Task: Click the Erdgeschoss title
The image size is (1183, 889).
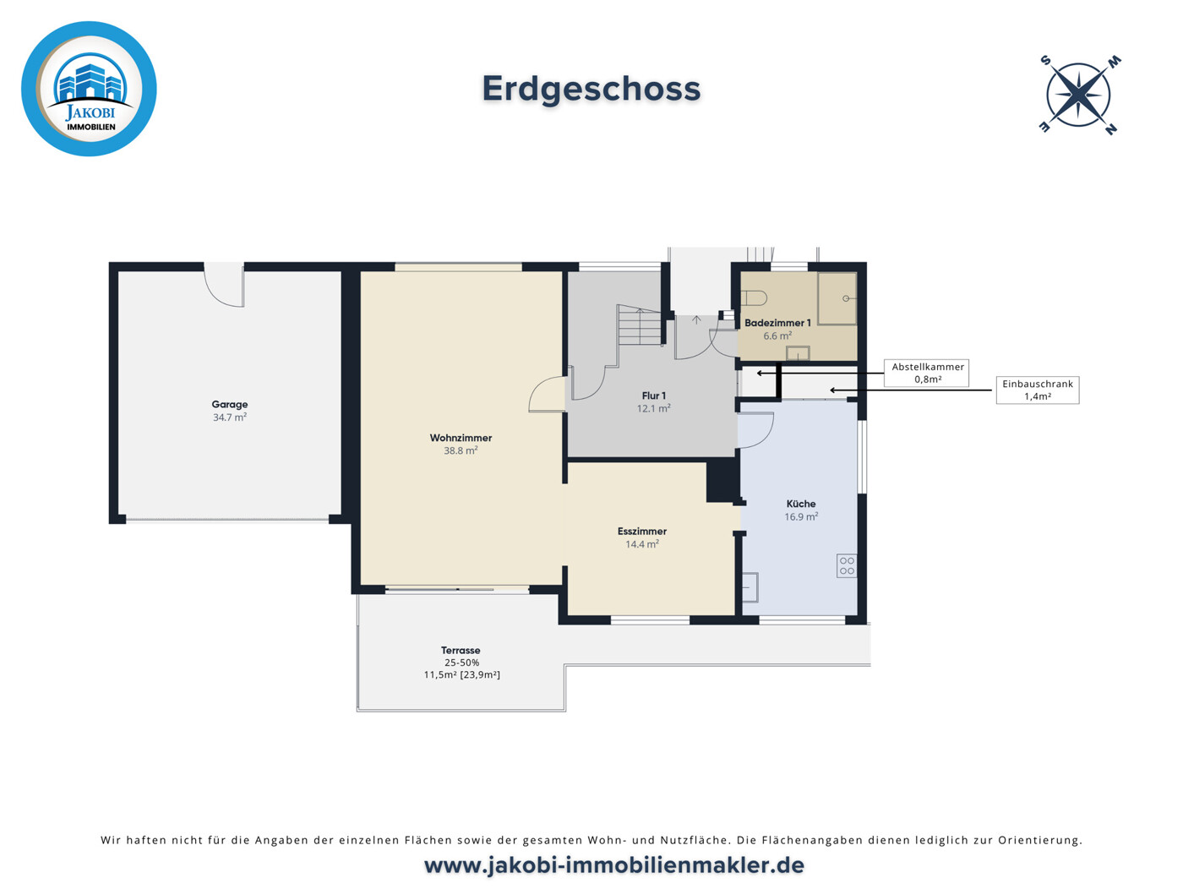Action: click(x=591, y=89)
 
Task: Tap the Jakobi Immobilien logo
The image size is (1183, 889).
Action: click(x=89, y=89)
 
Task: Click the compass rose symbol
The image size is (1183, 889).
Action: click(x=1078, y=95)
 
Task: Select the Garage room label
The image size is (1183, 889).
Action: click(x=230, y=405)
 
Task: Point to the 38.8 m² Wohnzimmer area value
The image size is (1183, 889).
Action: click(x=461, y=451)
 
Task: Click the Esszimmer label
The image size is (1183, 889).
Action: click(x=642, y=532)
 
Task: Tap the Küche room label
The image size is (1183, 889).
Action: click(x=800, y=504)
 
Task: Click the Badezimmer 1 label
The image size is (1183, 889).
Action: click(x=777, y=323)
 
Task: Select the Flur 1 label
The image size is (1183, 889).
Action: click(x=653, y=395)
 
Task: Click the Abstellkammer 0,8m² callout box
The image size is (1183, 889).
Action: click(x=927, y=373)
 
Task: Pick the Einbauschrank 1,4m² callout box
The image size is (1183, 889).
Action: click(x=1037, y=390)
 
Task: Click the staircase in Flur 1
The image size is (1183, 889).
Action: click(x=640, y=326)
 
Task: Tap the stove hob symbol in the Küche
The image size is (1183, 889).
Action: click(x=847, y=566)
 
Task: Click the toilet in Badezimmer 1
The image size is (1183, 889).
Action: click(x=755, y=297)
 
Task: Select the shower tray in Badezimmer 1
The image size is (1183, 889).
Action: click(x=837, y=298)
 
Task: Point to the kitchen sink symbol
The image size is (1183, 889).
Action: click(x=750, y=586)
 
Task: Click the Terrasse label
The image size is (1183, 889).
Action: click(x=461, y=651)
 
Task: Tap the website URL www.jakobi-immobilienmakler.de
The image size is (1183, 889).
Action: click(x=613, y=865)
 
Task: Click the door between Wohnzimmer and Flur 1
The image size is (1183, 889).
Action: click(x=547, y=395)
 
